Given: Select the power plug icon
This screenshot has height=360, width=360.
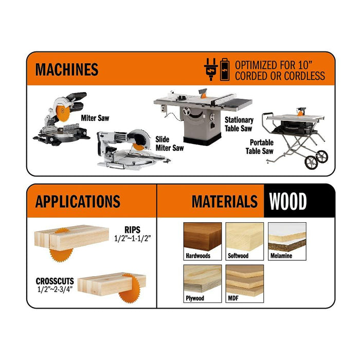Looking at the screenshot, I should (x=211, y=69).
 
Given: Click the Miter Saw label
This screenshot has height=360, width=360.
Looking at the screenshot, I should (x=95, y=118).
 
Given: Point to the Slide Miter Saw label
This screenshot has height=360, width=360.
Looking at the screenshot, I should (x=169, y=143).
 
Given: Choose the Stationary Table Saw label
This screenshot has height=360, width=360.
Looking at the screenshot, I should (x=239, y=124).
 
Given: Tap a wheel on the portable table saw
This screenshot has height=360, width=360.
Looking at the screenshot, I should (x=312, y=163).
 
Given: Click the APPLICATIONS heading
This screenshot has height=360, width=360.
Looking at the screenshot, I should (x=78, y=201).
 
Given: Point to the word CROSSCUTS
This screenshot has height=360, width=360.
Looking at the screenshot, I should (x=55, y=281).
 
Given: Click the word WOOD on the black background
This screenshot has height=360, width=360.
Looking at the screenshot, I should (x=288, y=201).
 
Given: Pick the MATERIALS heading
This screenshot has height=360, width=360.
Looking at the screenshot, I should (x=224, y=201).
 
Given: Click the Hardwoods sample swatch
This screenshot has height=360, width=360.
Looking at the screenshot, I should (x=202, y=238).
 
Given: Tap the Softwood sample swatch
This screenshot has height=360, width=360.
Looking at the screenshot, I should (x=245, y=238).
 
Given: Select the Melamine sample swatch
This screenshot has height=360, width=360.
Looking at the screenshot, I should (x=287, y=238).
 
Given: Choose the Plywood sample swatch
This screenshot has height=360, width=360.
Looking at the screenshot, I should (x=202, y=280).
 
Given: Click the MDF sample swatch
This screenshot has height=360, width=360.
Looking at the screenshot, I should (x=245, y=280).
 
